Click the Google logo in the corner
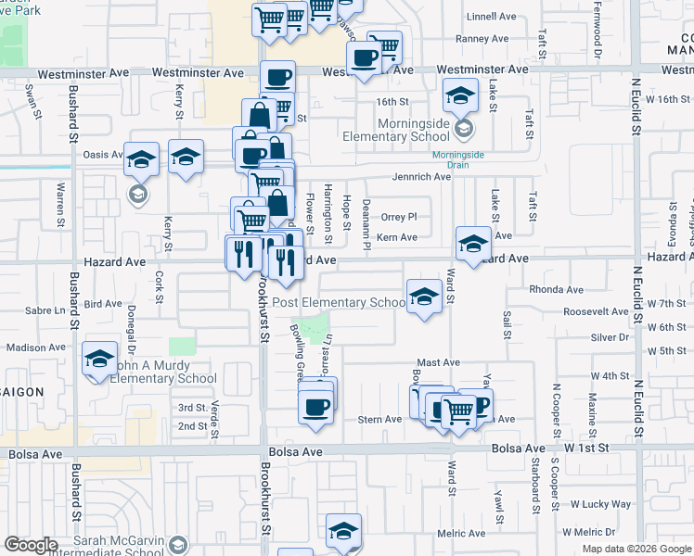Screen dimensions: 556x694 click(x=32, y=545)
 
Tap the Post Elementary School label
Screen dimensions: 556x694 click(x=340, y=302)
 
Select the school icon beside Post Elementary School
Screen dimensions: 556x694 click(x=424, y=297)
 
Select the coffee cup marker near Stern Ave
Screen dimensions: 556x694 click(x=315, y=406)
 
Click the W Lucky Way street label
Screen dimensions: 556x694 click(x=600, y=504)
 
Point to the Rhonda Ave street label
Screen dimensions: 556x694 click(x=556, y=290)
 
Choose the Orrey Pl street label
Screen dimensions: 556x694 click(x=399, y=216)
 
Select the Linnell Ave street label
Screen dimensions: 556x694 click(x=491, y=17)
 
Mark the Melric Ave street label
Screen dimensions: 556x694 click(x=461, y=533)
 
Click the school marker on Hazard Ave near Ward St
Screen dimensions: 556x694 click(x=473, y=243)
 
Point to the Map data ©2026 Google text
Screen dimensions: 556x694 click(x=636, y=549)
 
